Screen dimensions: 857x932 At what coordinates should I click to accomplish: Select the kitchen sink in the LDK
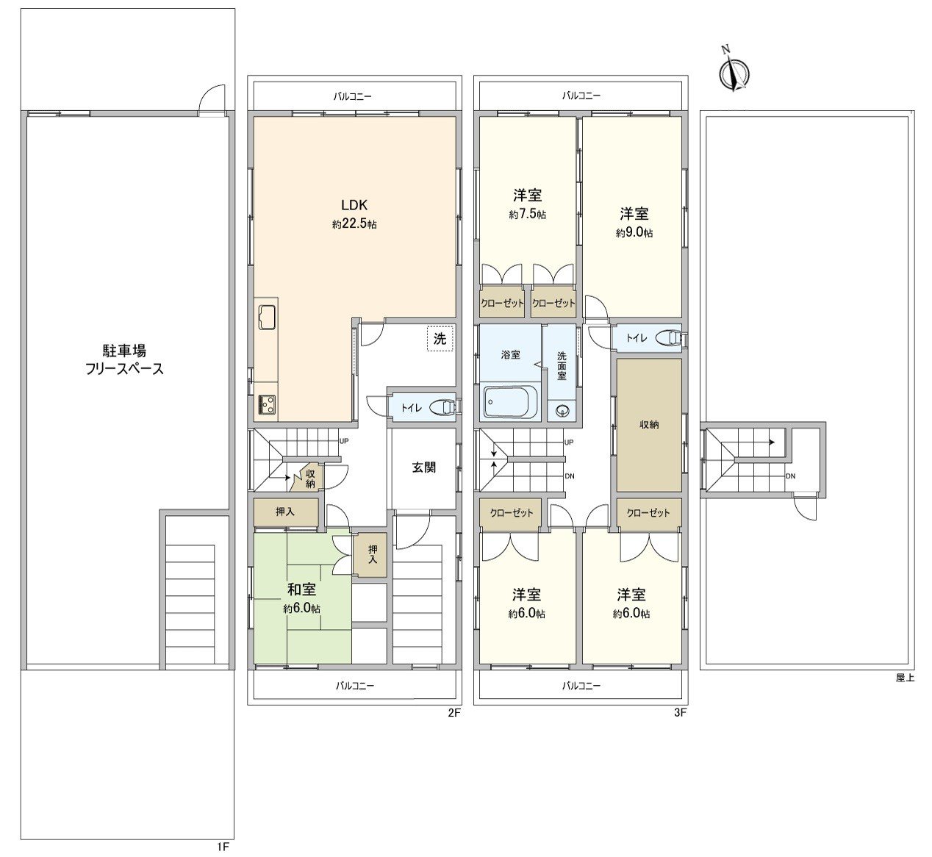click(267, 317)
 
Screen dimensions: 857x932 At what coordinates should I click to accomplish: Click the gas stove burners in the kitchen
click(265, 404)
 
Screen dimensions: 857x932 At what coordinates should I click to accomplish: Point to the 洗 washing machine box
click(440, 340)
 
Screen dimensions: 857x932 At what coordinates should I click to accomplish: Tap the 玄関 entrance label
click(423, 467)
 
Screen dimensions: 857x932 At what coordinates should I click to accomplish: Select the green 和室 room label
click(301, 589)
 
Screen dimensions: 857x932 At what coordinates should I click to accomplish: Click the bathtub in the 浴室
click(510, 404)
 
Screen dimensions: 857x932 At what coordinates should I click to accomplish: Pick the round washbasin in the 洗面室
click(563, 410)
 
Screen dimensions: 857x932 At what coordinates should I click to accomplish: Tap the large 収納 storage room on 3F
click(648, 425)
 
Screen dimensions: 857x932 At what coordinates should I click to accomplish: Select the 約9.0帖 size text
click(634, 233)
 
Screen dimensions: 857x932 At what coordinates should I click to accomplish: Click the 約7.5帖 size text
click(527, 215)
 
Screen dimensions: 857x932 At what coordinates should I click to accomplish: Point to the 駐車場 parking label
click(123, 351)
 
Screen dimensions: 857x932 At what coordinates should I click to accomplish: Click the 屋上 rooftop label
click(905, 678)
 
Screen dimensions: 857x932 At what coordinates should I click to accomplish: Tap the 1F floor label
click(223, 847)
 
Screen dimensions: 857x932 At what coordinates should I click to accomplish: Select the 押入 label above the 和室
click(285, 512)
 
